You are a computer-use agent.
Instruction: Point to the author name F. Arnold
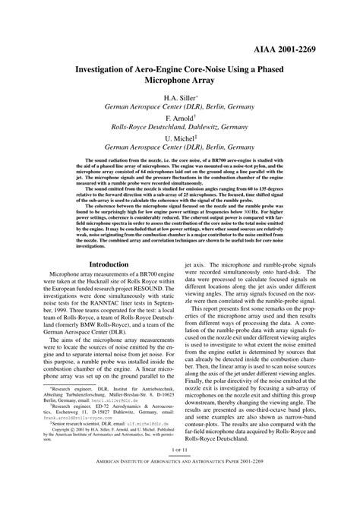coord(179,120)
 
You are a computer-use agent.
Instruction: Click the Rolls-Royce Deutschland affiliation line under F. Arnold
coord(180,130)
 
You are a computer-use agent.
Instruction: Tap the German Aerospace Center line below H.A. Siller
coord(180,109)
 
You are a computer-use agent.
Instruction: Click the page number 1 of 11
coord(180,472)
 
